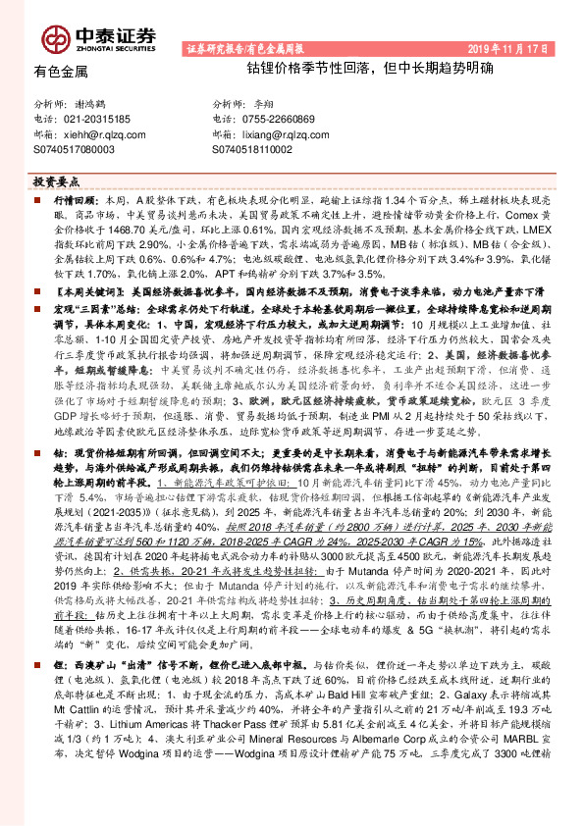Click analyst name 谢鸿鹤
[x=90, y=104]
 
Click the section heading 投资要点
[x=56, y=181]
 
